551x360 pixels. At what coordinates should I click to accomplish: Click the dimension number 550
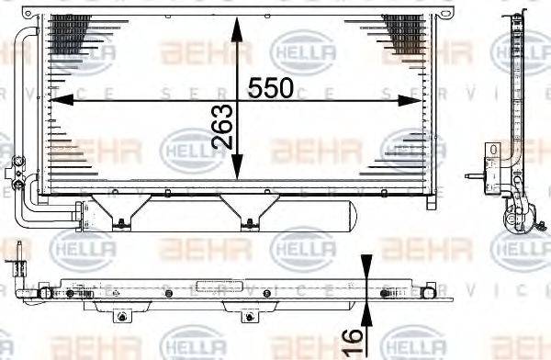pos(271,88)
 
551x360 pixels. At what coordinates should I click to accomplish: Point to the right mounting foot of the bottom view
pos(245,315)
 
